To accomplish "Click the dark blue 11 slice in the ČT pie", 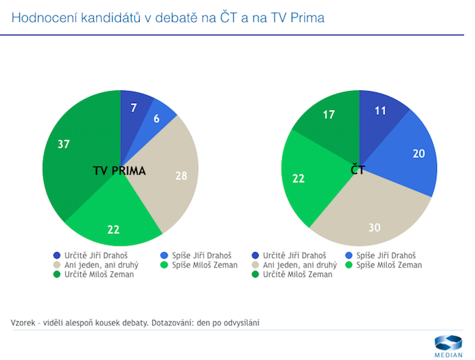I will [381, 112].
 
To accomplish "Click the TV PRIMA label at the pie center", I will [119, 170].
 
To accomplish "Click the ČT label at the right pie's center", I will [358, 170].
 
